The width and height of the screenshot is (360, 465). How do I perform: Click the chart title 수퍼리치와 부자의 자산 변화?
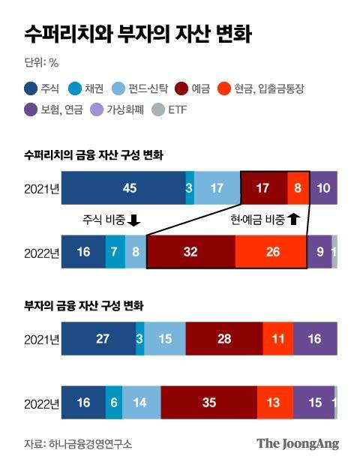(137, 34)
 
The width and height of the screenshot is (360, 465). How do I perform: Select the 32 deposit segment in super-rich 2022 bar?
(191, 252)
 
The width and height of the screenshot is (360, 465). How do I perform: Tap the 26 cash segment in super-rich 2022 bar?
(271, 252)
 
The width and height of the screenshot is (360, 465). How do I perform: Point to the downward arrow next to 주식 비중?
(134, 220)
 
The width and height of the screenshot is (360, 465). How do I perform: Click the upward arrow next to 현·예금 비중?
(293, 220)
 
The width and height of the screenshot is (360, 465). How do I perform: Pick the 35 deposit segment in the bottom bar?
(208, 403)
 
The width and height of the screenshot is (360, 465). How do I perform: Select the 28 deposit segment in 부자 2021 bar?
(224, 339)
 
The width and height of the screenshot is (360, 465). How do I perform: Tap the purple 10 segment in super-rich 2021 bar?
(324, 188)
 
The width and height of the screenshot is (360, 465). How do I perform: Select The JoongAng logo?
(297, 443)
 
